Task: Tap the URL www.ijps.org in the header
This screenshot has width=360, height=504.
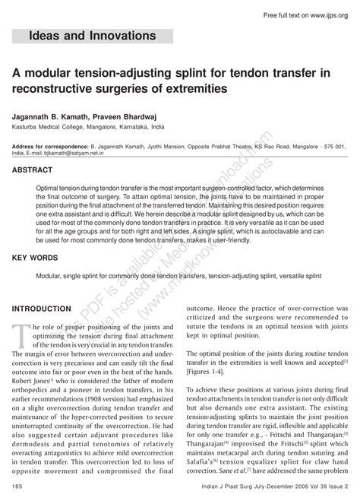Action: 327,16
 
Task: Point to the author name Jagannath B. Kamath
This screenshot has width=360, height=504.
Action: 51,116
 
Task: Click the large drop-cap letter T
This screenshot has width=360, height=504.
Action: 19,333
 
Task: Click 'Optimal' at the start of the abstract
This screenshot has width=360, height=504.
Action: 49,186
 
